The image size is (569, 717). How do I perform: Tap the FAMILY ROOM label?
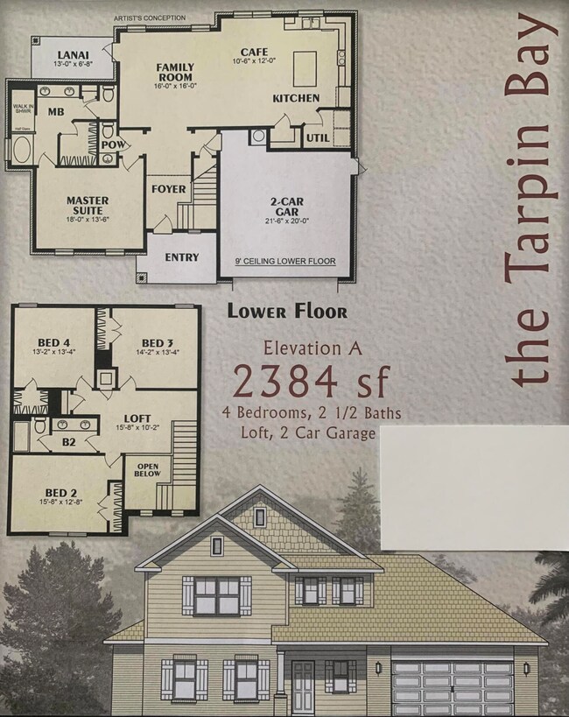[175, 73]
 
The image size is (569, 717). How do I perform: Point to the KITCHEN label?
[296, 98]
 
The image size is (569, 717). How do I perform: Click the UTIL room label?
[316, 137]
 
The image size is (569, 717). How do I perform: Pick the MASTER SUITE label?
[88, 206]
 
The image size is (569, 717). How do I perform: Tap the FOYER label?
[169, 189]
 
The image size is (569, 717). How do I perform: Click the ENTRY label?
[182, 257]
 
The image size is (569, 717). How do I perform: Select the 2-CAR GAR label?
[285, 206]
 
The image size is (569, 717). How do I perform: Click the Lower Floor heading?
[287, 311]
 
